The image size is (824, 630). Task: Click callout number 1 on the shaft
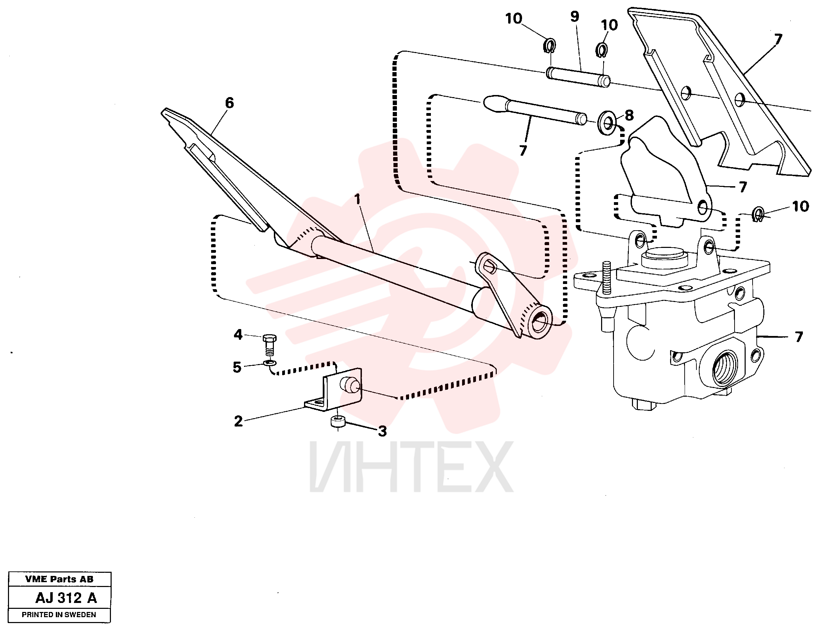357,199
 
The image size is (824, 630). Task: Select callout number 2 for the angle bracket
238,422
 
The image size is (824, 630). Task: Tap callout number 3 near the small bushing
382,431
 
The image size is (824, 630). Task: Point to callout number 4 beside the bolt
238,335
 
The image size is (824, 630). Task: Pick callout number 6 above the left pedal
229,103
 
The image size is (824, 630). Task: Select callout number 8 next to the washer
629,115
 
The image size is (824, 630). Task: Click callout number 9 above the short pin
575,17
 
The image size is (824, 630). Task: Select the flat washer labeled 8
607,123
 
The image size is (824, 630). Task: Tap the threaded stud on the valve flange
607,278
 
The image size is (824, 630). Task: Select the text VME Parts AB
59,579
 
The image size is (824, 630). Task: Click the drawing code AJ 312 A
66,598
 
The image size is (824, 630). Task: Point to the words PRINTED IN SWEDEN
59,615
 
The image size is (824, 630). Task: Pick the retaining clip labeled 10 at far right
758,214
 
